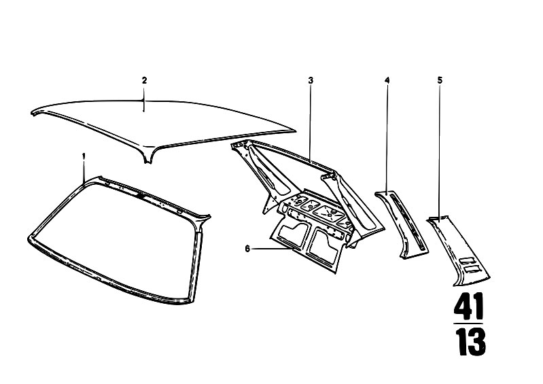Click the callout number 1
coord(84,156)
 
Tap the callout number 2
coord(144,80)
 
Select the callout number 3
coord(311,81)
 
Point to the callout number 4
coord(387,80)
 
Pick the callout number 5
coord(440,80)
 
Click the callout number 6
coord(247,249)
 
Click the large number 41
coord(468,307)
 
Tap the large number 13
coord(470,342)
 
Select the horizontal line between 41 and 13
coord(468,324)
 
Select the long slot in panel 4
coord(406,222)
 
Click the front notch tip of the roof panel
coord(148,162)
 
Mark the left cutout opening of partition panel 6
coord(294,234)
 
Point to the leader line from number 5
coord(440,153)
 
